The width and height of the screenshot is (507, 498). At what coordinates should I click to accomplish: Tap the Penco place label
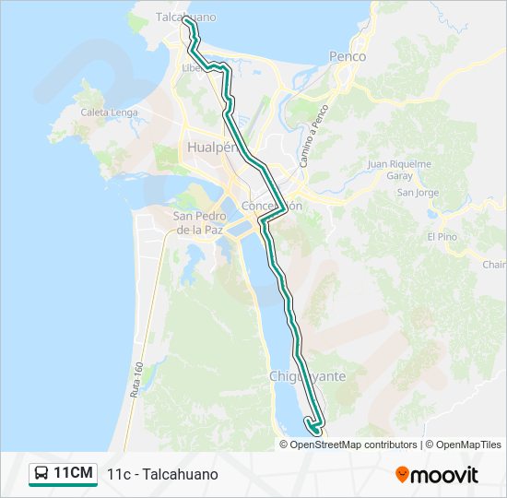(348, 56)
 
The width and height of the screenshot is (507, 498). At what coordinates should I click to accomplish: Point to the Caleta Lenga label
(109, 113)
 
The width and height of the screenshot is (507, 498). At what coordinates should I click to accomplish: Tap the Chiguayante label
(307, 376)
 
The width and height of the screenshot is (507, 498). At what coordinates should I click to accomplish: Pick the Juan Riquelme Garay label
(399, 170)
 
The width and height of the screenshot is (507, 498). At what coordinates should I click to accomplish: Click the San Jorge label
(418, 193)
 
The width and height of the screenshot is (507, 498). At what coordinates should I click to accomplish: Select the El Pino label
(442, 236)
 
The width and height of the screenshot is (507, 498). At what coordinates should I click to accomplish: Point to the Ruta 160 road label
(137, 379)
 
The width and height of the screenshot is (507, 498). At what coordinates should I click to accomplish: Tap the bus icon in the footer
(42, 474)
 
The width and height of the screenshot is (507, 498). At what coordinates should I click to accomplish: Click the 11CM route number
(73, 474)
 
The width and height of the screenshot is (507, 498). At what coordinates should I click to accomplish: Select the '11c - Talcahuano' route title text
(162, 474)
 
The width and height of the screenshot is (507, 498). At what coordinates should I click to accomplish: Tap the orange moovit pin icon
(402, 474)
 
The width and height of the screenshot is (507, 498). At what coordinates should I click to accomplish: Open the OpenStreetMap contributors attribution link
(351, 445)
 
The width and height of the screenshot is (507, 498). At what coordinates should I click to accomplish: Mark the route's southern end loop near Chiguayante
(313, 426)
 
